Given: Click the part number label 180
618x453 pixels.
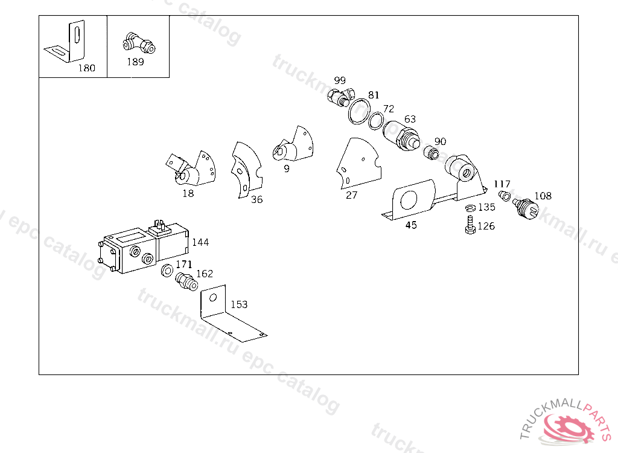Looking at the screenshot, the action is [87, 68].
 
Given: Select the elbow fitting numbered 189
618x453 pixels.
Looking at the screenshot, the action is [139, 43].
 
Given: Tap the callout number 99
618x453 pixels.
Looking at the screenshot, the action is [340, 80].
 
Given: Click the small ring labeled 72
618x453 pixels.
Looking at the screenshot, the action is [376, 120].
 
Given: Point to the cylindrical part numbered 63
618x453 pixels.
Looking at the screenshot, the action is [401, 136].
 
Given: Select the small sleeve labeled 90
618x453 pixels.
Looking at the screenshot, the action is [432, 153].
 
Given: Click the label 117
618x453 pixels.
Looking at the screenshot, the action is [502, 184].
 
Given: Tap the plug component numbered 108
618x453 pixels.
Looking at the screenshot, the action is [526, 208].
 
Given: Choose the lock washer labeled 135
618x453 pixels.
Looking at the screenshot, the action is [471, 208].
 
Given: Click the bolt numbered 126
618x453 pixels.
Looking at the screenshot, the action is [470, 225].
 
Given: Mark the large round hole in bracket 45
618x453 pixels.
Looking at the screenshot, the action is [409, 200].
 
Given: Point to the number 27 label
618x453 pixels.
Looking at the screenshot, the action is [351, 195].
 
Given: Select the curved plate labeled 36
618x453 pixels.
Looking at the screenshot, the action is [247, 170].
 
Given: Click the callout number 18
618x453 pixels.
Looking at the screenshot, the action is [188, 193].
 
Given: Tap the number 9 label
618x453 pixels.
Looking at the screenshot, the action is [287, 169].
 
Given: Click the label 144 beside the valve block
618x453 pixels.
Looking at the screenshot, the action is [200, 242].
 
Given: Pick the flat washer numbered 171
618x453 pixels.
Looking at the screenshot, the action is [167, 271].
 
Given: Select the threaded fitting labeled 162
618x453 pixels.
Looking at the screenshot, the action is [186, 281].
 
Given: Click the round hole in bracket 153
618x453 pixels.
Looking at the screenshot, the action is [213, 297].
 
